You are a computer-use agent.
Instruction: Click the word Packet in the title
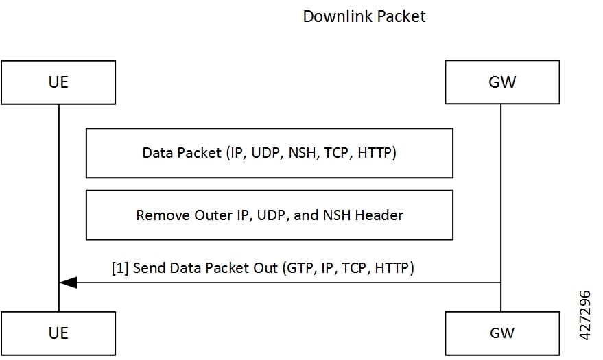(399, 16)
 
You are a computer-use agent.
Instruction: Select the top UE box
(58, 82)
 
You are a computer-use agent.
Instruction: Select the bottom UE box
(58, 333)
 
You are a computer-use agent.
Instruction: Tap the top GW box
(501, 82)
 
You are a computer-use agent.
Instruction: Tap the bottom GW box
(501, 333)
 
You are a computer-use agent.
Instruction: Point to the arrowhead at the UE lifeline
(67, 282)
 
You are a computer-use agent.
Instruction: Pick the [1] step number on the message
(120, 268)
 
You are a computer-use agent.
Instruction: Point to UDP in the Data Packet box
(265, 153)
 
